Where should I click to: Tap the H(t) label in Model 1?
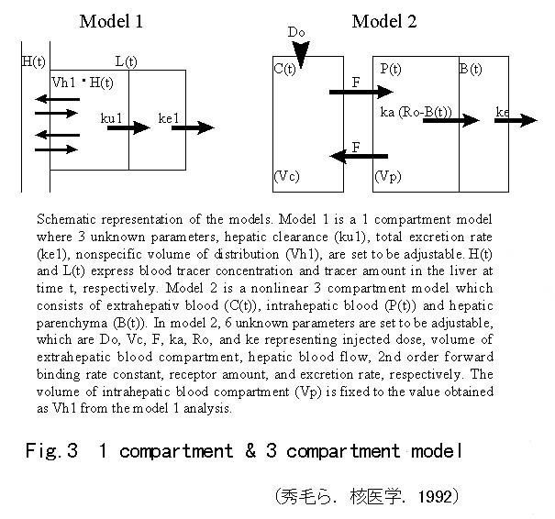click(x=34, y=61)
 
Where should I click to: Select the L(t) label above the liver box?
click(x=127, y=61)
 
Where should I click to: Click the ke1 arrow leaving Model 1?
click(x=193, y=129)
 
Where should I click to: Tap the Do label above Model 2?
click(x=295, y=33)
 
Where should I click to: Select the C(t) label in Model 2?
click(x=290, y=70)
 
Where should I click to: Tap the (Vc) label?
click(x=290, y=175)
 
